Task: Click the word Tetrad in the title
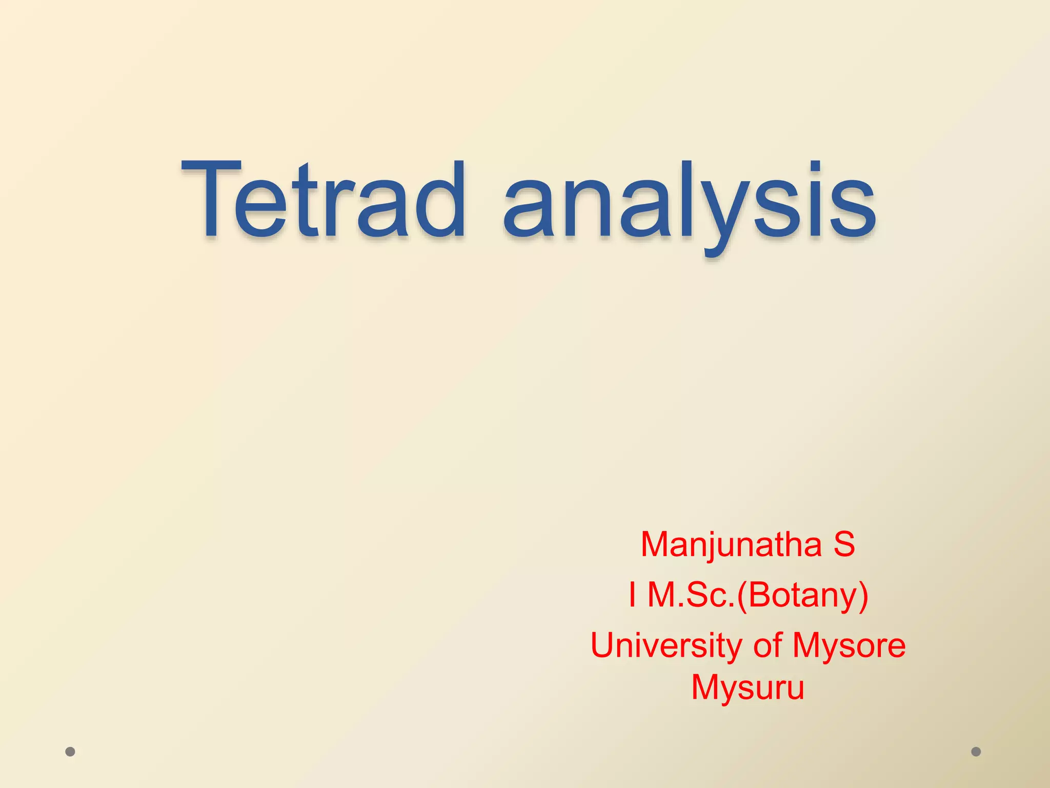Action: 323,200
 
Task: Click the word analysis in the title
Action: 690,203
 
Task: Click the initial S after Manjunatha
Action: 844,544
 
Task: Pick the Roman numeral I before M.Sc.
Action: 633,595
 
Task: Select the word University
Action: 666,646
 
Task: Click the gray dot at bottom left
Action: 70,752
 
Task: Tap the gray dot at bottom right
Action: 976,752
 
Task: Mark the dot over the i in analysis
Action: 815,167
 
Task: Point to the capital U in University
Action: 603,645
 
